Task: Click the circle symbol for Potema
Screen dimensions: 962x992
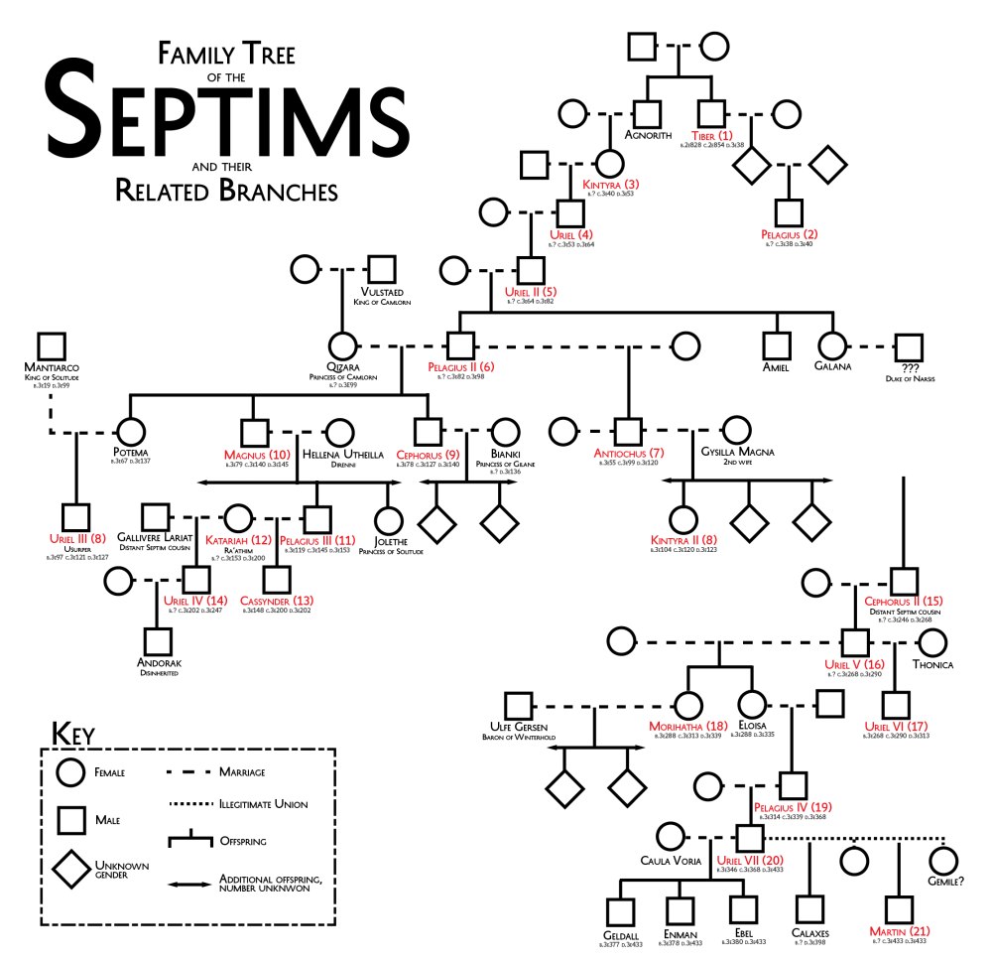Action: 131,434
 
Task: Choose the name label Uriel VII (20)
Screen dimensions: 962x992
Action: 751,860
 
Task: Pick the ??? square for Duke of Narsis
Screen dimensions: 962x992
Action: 907,346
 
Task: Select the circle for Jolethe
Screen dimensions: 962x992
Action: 388,519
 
